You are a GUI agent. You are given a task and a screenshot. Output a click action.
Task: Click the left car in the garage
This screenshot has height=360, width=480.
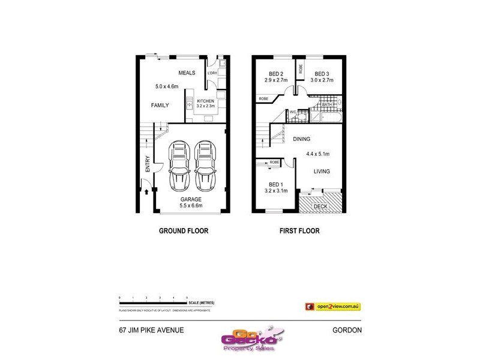pos(178,164)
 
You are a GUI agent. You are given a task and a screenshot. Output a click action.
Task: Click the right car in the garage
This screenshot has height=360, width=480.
pos(204,164)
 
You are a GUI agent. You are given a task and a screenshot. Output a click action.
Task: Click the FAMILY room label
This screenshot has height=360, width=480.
pos(160,105)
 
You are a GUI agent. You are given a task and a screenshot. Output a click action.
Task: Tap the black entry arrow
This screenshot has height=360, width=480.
pos(147,191)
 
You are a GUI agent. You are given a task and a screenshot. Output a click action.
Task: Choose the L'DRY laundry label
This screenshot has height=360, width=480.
pos(212,73)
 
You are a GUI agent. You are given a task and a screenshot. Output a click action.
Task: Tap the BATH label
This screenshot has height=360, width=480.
pos(326,104)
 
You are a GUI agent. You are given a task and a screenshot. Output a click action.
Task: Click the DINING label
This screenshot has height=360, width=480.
pos(302,139)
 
